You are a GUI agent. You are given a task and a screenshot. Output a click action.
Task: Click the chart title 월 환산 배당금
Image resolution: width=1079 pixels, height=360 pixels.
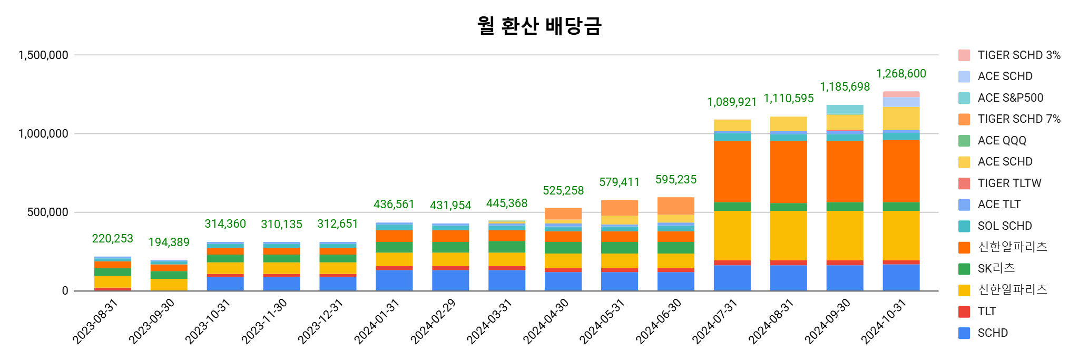pyautogui.click(x=539, y=25)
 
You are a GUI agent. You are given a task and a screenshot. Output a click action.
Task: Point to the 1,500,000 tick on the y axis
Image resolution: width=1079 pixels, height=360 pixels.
pyautogui.click(x=44, y=55)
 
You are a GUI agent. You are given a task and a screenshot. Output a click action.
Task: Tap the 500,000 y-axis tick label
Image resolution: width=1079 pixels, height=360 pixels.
pyautogui.click(x=48, y=212)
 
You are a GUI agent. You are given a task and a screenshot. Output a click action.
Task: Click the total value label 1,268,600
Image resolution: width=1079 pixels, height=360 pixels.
pyautogui.click(x=901, y=74)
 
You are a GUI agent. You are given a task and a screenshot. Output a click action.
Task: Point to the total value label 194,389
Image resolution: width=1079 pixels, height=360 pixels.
pyautogui.click(x=169, y=242)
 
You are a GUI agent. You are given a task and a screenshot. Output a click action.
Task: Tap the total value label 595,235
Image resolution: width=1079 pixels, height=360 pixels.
pyautogui.click(x=676, y=180)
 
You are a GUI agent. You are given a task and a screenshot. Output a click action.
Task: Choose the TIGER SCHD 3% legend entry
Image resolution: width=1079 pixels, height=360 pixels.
pyautogui.click(x=1018, y=55)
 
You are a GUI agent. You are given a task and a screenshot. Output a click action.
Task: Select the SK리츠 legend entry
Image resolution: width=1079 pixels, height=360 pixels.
pyautogui.click(x=996, y=268)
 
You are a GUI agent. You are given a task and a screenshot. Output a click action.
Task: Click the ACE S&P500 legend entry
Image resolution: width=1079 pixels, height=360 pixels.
pyautogui.click(x=1010, y=98)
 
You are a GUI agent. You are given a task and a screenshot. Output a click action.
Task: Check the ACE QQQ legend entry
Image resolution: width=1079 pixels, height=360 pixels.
pyautogui.click(x=1002, y=141)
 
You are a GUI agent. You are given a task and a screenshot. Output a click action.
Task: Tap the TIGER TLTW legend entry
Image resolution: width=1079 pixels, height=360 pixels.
pyautogui.click(x=1009, y=183)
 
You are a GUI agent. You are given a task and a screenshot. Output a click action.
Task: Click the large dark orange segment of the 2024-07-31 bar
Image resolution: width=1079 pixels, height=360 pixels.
pyautogui.click(x=732, y=171)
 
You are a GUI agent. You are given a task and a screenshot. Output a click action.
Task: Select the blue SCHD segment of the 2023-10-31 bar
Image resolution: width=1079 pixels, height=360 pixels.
pyautogui.click(x=225, y=284)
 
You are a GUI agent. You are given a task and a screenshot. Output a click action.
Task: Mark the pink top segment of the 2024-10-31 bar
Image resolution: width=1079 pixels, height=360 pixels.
pyautogui.click(x=901, y=94)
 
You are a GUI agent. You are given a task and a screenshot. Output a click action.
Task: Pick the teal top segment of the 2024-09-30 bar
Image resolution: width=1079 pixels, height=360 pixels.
pyautogui.click(x=845, y=110)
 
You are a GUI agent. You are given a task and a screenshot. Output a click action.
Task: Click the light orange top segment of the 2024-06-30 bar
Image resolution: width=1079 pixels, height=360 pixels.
pyautogui.click(x=676, y=206)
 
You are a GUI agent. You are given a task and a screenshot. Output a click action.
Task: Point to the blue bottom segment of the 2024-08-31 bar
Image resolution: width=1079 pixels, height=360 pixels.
pyautogui.click(x=789, y=278)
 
